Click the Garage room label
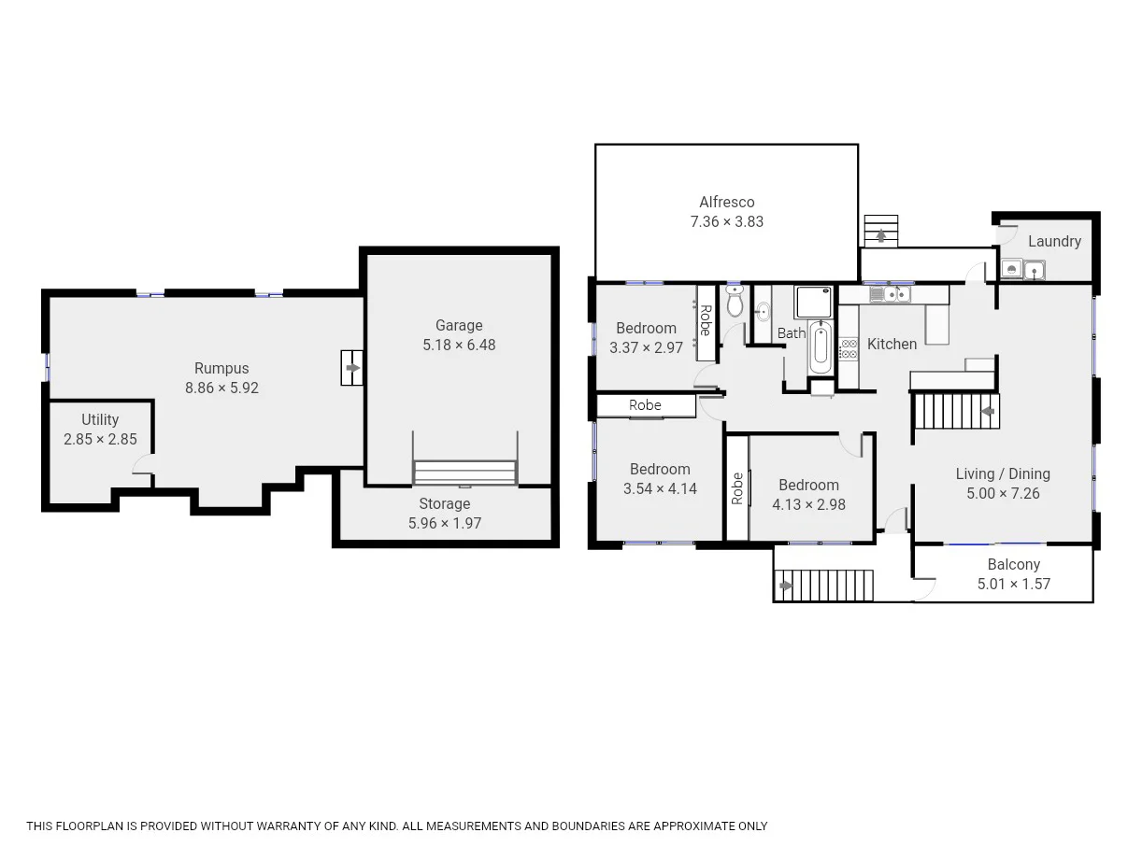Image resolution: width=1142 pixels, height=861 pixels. click(x=459, y=325)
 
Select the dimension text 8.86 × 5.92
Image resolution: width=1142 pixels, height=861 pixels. click(x=221, y=388)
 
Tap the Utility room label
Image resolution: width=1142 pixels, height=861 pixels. click(x=100, y=419)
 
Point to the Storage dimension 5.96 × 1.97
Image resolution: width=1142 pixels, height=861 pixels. click(x=445, y=523)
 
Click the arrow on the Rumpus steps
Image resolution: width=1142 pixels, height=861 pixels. click(x=351, y=368)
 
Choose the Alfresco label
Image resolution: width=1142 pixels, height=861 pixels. click(x=726, y=202)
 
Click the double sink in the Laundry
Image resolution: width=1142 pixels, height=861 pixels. click(x=1022, y=271)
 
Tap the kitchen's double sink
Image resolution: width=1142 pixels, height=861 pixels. click(x=890, y=295)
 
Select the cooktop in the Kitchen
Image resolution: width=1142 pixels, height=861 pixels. click(x=849, y=348)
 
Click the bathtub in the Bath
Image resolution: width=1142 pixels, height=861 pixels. click(x=820, y=347)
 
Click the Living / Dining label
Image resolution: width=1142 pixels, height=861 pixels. click(x=1003, y=473)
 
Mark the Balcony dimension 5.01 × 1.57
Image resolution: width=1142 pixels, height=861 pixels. click(x=1014, y=584)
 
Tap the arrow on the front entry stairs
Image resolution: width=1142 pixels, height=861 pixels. click(x=786, y=586)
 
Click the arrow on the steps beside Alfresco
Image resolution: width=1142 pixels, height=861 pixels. click(x=881, y=237)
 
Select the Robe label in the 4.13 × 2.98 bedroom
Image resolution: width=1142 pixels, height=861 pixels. click(x=737, y=488)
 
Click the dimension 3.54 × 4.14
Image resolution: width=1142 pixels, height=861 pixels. click(x=660, y=488)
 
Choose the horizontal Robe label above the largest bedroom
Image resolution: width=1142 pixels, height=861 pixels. click(x=645, y=405)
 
